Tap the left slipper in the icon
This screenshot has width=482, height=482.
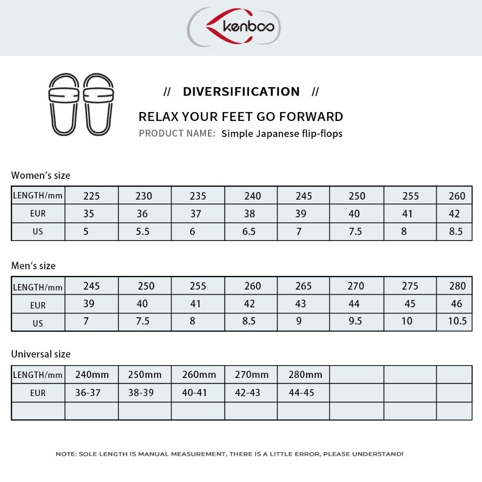pos(64,104)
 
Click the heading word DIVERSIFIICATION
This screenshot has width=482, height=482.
pos(241,91)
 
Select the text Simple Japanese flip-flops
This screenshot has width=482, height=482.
pos(282,134)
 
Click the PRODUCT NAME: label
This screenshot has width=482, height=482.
pos(177,134)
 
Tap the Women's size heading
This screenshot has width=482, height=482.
pos(40,176)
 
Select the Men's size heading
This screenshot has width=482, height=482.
pos(33,266)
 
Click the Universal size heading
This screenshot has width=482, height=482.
pos(40,354)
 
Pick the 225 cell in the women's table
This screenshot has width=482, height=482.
pos(91,196)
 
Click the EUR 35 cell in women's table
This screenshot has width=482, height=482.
pos(88,214)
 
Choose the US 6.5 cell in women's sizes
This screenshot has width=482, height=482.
pos(249,232)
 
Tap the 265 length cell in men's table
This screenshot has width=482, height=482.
pos(304,286)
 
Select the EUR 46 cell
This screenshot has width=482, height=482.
pos(457,304)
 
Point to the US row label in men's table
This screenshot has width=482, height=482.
pos(38,323)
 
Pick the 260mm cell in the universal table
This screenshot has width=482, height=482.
pos(199,375)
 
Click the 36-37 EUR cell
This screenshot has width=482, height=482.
pos(88,393)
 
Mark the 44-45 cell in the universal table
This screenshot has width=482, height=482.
pos(301,393)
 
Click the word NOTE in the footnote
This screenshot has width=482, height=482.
pos(65,454)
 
